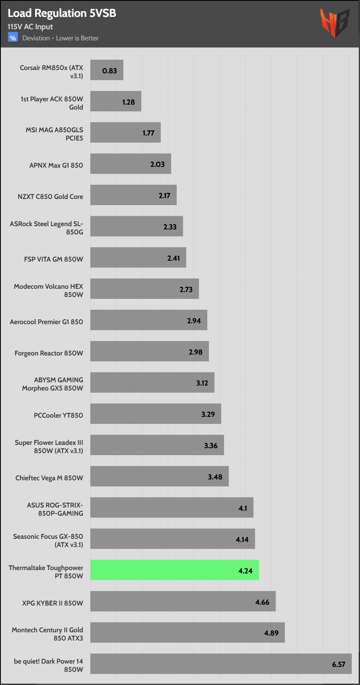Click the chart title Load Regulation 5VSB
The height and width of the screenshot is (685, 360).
(62, 13)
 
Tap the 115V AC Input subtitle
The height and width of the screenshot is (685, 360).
(30, 27)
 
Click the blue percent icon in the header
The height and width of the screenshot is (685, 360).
(13, 38)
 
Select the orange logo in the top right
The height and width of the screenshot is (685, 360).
(334, 23)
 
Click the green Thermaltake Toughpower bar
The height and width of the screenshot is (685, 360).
(175, 570)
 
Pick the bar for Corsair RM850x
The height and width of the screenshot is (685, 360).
(107, 70)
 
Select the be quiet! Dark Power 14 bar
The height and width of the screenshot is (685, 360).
(221, 664)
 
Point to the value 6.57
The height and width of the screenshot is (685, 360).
(339, 664)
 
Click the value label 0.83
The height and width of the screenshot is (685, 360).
(110, 71)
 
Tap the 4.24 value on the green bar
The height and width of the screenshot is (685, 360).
(245, 570)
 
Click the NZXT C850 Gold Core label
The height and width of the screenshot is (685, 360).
(50, 196)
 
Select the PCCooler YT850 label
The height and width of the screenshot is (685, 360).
(58, 415)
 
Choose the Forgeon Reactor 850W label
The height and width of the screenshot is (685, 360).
(49, 353)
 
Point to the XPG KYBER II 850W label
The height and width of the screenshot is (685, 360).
(52, 603)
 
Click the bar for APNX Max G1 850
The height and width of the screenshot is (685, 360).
(131, 164)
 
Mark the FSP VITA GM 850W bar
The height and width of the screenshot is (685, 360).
(138, 257)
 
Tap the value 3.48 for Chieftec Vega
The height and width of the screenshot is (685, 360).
(215, 477)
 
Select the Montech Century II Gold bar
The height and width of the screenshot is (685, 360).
(187, 632)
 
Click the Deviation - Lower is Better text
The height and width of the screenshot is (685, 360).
(61, 38)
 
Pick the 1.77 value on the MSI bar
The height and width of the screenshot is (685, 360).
(148, 133)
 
